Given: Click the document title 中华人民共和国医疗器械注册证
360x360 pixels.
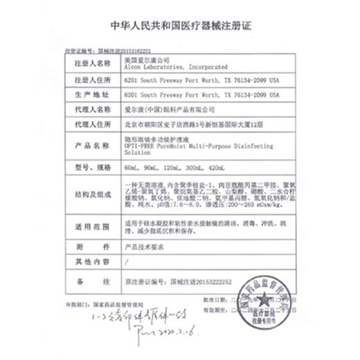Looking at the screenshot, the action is tap(180, 26).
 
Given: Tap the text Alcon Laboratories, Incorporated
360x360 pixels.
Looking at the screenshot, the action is tap(161, 68).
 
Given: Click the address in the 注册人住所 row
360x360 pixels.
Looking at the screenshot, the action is tap(201, 80).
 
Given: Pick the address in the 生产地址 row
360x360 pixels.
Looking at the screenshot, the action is tap(201, 93).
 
